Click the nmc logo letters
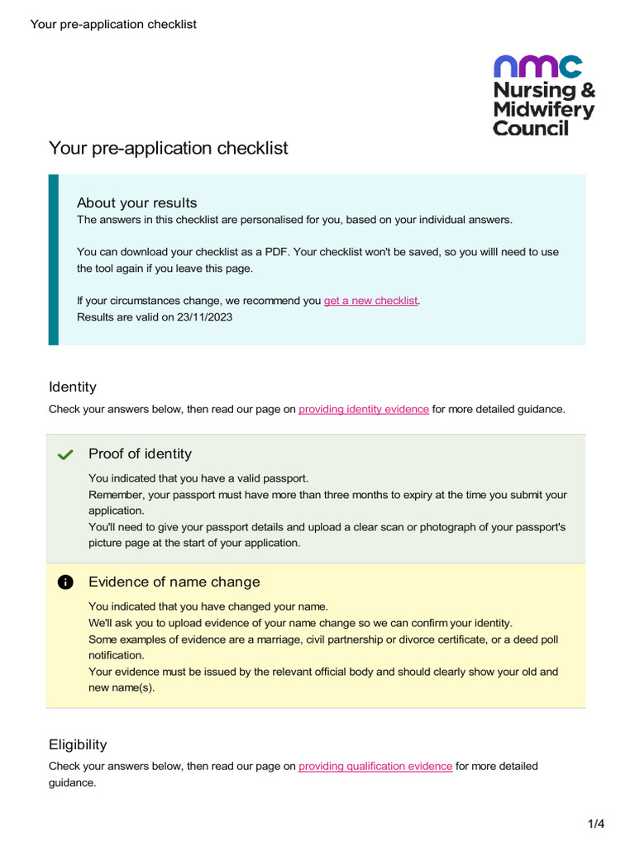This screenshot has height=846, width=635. point(537,66)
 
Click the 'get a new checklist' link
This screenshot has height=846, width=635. point(370,301)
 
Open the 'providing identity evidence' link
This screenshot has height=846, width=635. point(364,409)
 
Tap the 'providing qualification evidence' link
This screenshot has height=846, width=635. point(375,766)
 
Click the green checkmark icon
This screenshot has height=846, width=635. point(66,454)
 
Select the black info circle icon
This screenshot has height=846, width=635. point(66,582)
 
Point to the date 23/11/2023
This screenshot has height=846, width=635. point(204,316)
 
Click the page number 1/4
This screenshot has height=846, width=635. point(595,824)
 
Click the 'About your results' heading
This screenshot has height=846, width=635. point(136,203)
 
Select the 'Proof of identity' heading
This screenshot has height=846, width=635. point(140,454)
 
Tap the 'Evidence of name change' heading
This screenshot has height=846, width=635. point(174,582)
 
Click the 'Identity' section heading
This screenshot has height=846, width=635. point(73,387)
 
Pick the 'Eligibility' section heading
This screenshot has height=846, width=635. point(78,744)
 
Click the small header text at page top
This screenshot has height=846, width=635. point(113,24)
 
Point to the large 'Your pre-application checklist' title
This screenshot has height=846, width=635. point(169,148)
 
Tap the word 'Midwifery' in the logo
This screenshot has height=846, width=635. point(543,109)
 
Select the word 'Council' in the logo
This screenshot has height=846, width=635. point(531,128)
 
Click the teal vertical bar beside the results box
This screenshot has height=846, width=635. point(54,259)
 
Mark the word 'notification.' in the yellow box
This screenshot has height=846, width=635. point(117,655)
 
